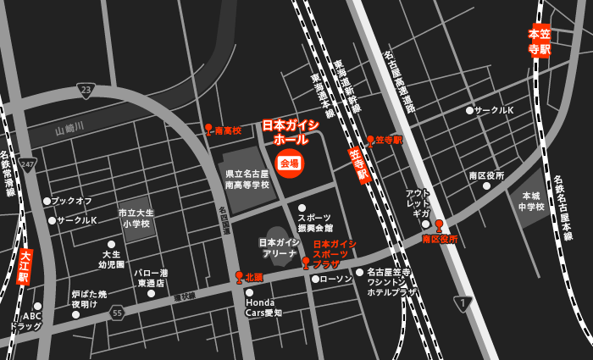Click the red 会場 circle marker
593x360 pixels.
[x=289, y=163]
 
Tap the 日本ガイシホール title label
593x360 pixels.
[x=291, y=131]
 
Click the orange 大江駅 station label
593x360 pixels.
[x=24, y=266]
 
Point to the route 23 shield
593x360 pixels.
[x=86, y=91]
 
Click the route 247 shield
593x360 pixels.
[x=27, y=164]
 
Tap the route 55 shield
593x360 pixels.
[x=117, y=312]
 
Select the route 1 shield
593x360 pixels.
[x=462, y=303]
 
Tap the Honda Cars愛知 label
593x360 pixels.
[x=263, y=307]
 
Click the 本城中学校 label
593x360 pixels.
[x=531, y=201]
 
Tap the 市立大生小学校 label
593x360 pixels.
[x=136, y=218]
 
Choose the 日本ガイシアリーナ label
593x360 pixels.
[x=280, y=247]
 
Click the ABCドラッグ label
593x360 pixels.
[x=25, y=320]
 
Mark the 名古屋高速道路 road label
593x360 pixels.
[x=399, y=81]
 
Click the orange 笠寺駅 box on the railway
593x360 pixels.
[x=359, y=164]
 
